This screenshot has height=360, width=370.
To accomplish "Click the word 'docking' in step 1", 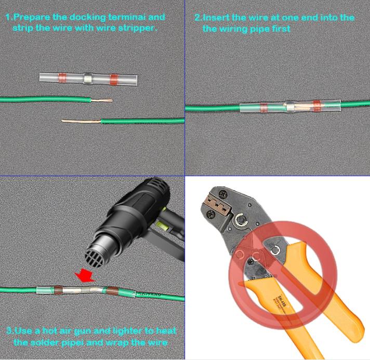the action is (x=87, y=18).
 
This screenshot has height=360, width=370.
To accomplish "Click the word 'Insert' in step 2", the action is (x=216, y=18).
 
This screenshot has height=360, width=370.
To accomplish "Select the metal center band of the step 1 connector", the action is (x=87, y=78).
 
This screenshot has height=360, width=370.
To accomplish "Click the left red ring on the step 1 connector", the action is (x=62, y=77).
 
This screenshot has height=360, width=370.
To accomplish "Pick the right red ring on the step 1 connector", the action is (x=114, y=79).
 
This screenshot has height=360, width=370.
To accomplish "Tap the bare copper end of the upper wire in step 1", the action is (x=102, y=100).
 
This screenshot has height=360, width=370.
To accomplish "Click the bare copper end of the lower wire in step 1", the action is (x=82, y=122).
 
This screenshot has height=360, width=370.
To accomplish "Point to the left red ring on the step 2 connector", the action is (x=263, y=108).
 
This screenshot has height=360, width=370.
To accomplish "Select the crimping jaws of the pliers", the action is (x=218, y=205).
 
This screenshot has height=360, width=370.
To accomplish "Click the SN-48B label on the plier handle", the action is (x=282, y=301).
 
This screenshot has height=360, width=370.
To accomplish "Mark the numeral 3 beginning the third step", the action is (x=9, y=331).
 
